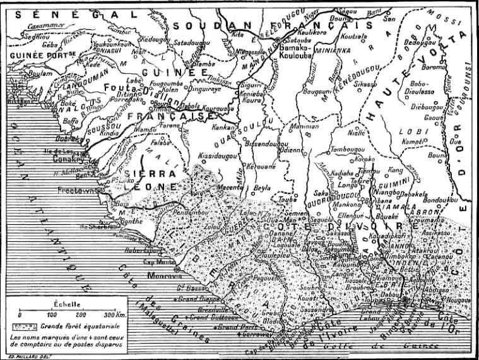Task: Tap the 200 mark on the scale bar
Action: pyautogui.click(x=81, y=314)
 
